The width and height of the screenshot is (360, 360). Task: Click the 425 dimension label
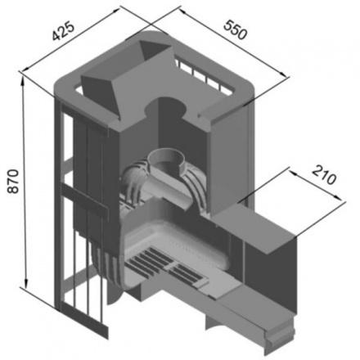[x=63, y=31]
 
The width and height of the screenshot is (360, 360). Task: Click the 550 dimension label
[x=236, y=29]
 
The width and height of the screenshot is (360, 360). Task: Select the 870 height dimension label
[x=13, y=182]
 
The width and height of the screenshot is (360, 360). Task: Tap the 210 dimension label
[x=324, y=175]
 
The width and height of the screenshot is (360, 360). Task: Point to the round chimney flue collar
[x=167, y=162]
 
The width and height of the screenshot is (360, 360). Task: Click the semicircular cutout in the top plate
[x=165, y=107]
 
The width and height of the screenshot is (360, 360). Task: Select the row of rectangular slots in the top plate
[x=204, y=74]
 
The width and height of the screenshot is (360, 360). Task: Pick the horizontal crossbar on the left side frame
[x=83, y=199]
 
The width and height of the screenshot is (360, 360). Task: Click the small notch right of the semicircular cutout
[x=200, y=115]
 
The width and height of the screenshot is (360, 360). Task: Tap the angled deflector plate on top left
[x=101, y=94]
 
